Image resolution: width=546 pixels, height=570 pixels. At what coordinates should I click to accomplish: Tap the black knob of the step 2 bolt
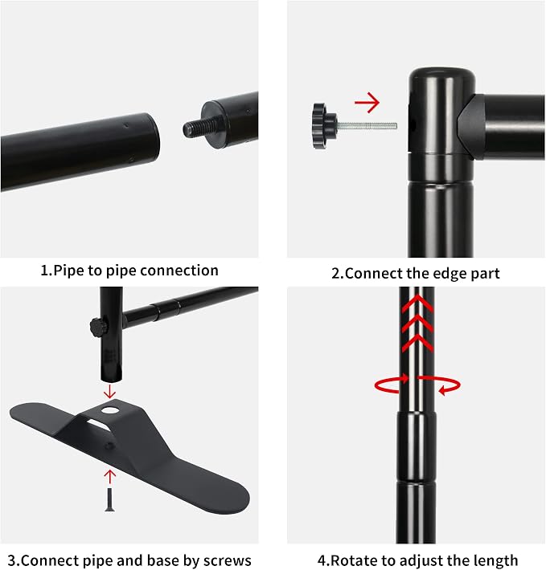[324, 126]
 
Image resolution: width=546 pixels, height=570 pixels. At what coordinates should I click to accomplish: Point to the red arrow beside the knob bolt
[367, 103]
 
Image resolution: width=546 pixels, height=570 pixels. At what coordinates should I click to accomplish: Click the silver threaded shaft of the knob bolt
[367, 126]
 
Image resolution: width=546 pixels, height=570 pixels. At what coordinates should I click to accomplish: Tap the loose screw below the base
[109, 500]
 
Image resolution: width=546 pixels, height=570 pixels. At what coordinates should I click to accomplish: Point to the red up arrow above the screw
[109, 477]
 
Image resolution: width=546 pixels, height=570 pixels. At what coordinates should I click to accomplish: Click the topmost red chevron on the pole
[417, 303]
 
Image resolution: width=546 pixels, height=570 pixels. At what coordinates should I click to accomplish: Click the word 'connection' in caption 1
[179, 271]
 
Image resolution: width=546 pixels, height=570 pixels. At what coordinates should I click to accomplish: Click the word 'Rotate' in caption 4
[354, 560]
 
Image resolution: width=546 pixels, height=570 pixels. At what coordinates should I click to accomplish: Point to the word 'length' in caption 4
[496, 561]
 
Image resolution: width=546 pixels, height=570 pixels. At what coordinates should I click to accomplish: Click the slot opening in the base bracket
[99, 425]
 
